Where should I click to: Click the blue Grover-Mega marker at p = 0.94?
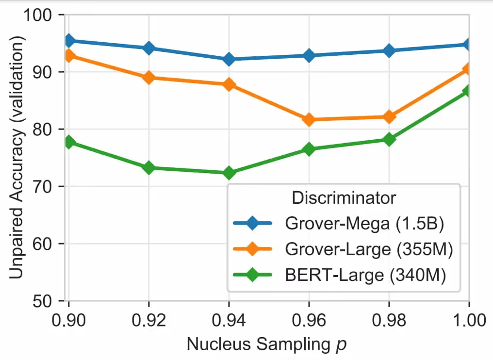(229, 59)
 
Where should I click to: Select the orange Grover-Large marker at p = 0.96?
(309, 119)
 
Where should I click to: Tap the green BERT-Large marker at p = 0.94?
(229, 173)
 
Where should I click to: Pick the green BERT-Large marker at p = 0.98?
(389, 139)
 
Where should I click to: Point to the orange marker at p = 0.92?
(148, 78)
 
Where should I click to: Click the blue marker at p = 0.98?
(389, 50)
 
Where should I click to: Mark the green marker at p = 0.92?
(148, 168)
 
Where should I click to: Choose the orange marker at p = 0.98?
(389, 116)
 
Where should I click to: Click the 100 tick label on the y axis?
(43, 15)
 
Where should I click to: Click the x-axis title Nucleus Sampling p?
(267, 345)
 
